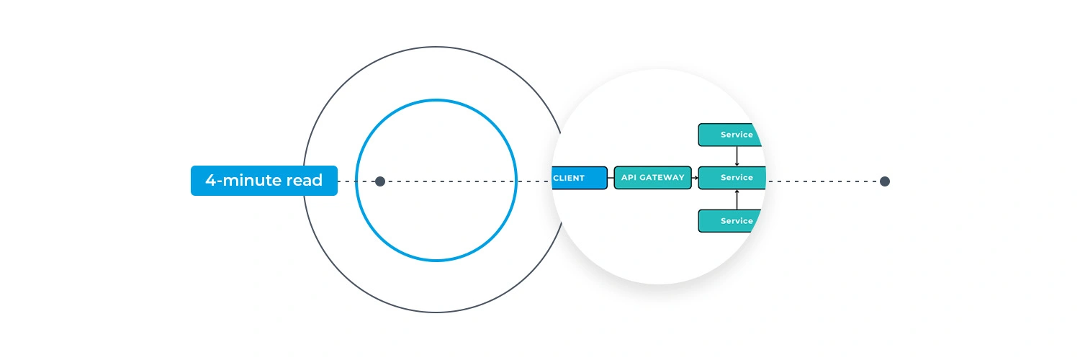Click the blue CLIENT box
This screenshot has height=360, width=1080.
pyautogui.click(x=580, y=178)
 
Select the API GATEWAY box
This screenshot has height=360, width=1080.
pyautogui.click(x=652, y=178)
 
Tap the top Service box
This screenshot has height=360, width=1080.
pyautogui.click(x=731, y=135)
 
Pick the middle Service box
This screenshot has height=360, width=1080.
pyautogui.click(x=732, y=178)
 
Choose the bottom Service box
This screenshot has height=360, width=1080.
pyautogui.click(x=731, y=221)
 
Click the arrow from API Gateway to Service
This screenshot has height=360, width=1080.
pyautogui.click(x=695, y=178)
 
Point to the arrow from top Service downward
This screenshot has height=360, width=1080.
pyautogui.click(x=737, y=156)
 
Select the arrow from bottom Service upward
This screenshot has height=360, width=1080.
pyautogui.click(x=737, y=199)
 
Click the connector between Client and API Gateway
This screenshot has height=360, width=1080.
pyautogui.click(x=611, y=178)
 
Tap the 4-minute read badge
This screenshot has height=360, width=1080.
pyautogui.click(x=264, y=181)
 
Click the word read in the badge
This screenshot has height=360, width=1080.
pyautogui.click(x=305, y=181)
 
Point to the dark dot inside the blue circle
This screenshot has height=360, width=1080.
pyautogui.click(x=380, y=181)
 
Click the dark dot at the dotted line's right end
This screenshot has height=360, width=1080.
pyautogui.click(x=885, y=181)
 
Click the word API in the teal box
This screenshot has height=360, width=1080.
pyautogui.click(x=629, y=178)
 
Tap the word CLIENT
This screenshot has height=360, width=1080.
pyautogui.click(x=569, y=178)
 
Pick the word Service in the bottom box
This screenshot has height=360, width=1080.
pyautogui.click(x=737, y=221)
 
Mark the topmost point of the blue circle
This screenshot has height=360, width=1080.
pyautogui.click(x=436, y=100)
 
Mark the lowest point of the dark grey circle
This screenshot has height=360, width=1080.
pyautogui.click(x=436, y=312)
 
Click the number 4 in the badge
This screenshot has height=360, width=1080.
pyautogui.click(x=210, y=181)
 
